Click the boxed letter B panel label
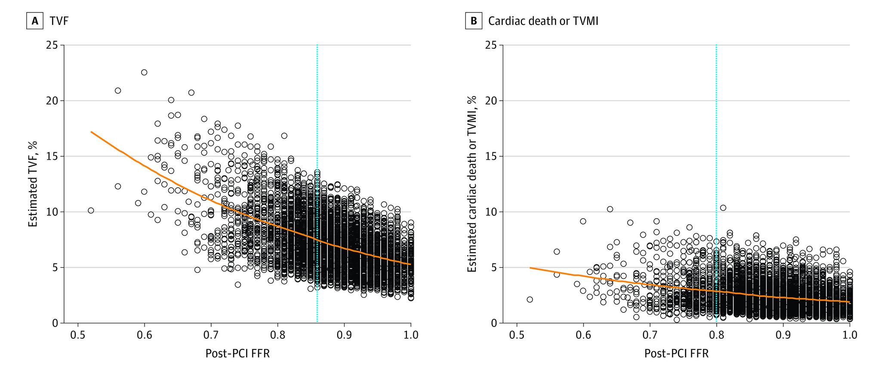473,21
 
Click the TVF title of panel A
59,21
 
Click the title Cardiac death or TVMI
543,21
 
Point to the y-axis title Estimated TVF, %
33,184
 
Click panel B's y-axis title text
472,184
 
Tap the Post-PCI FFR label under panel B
676,353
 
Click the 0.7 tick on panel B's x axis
650,334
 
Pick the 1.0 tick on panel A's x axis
410,334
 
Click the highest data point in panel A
144,72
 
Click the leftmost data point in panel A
91,210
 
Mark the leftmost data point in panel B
530,300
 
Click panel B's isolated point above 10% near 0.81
723,207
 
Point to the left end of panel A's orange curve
91,132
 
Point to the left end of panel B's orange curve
530,268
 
